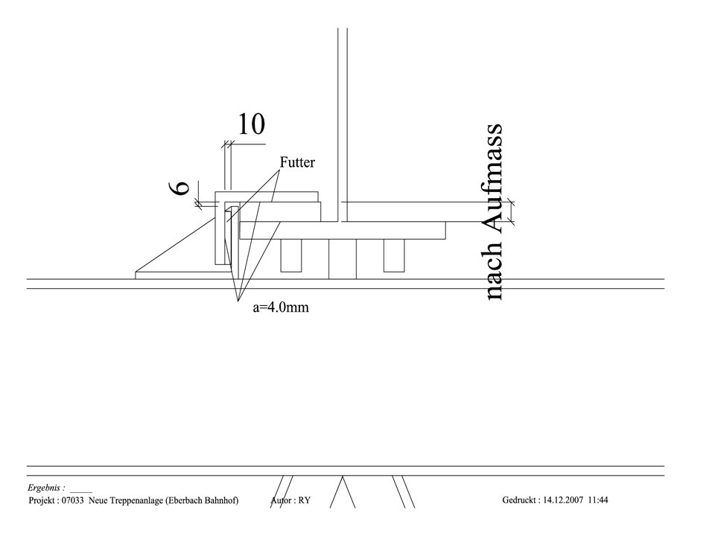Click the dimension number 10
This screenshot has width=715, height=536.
click(x=251, y=124)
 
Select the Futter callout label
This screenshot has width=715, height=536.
click(x=297, y=162)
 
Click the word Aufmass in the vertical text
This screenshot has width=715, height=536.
click(x=492, y=179)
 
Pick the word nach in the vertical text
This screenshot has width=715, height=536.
click(x=492, y=272)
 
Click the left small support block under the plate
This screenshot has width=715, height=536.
click(x=290, y=255)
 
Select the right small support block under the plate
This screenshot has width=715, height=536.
click(x=393, y=255)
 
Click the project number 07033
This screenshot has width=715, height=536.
click(x=74, y=501)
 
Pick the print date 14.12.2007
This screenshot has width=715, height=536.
click(x=564, y=501)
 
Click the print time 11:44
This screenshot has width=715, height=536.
click(x=598, y=501)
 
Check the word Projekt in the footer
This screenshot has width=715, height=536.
click(x=43, y=501)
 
